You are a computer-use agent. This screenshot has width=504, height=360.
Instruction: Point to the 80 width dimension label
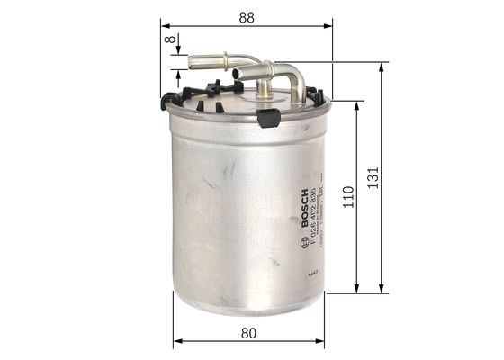coord(252,332)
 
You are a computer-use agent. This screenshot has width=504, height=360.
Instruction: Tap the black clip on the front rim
coord(268,116)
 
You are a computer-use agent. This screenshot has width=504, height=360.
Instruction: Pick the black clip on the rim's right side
coord(316,94)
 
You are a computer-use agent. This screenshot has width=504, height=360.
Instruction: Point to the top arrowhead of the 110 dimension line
coord(357,102)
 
